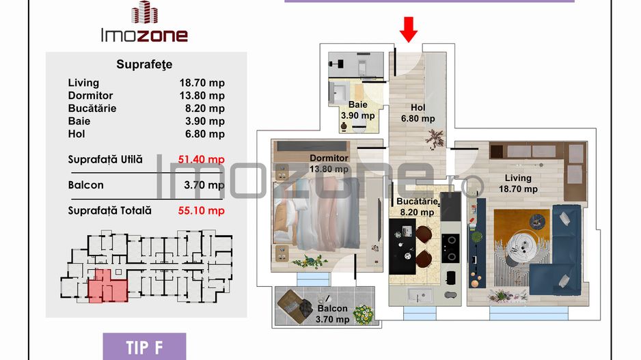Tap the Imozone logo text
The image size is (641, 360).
(143, 35)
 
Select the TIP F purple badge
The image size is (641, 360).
(144, 346)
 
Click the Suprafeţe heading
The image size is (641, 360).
(145, 65)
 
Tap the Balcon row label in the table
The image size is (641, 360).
(85, 185)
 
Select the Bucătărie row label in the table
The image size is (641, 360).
(92, 108)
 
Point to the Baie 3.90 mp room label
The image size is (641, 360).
(357, 110)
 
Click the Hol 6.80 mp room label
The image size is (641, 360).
(418, 113)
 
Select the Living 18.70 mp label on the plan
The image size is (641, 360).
(517, 184)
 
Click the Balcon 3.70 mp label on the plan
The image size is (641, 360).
(333, 314)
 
